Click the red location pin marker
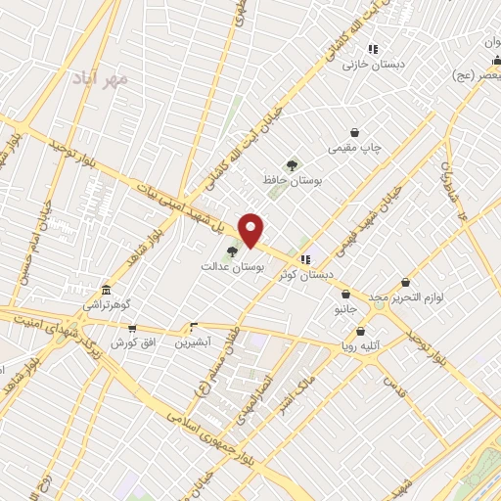[x=251, y=229]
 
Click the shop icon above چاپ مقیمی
[x=354, y=132]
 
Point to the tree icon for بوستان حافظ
[x=291, y=165]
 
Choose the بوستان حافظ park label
[x=293, y=181]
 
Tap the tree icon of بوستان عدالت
[x=232, y=251]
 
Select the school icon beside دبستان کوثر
[x=306, y=259]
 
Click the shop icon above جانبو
[x=345, y=294]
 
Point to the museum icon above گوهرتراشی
[x=106, y=290]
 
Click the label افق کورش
[x=127, y=343]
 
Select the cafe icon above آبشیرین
[x=193, y=328]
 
